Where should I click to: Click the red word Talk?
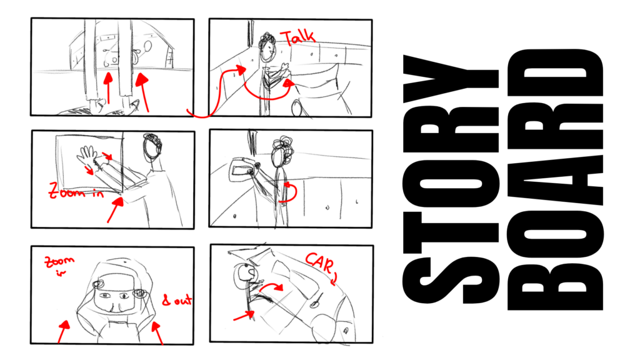(299, 37)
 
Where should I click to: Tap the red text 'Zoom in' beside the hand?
(76, 191)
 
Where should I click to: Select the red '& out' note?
(177, 300)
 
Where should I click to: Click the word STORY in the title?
(451, 179)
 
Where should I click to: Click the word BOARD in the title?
(556, 179)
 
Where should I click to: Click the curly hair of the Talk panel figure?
(267, 41)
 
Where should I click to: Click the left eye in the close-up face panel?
(104, 295)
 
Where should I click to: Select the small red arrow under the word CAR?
(334, 278)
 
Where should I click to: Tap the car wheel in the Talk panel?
(296, 109)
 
